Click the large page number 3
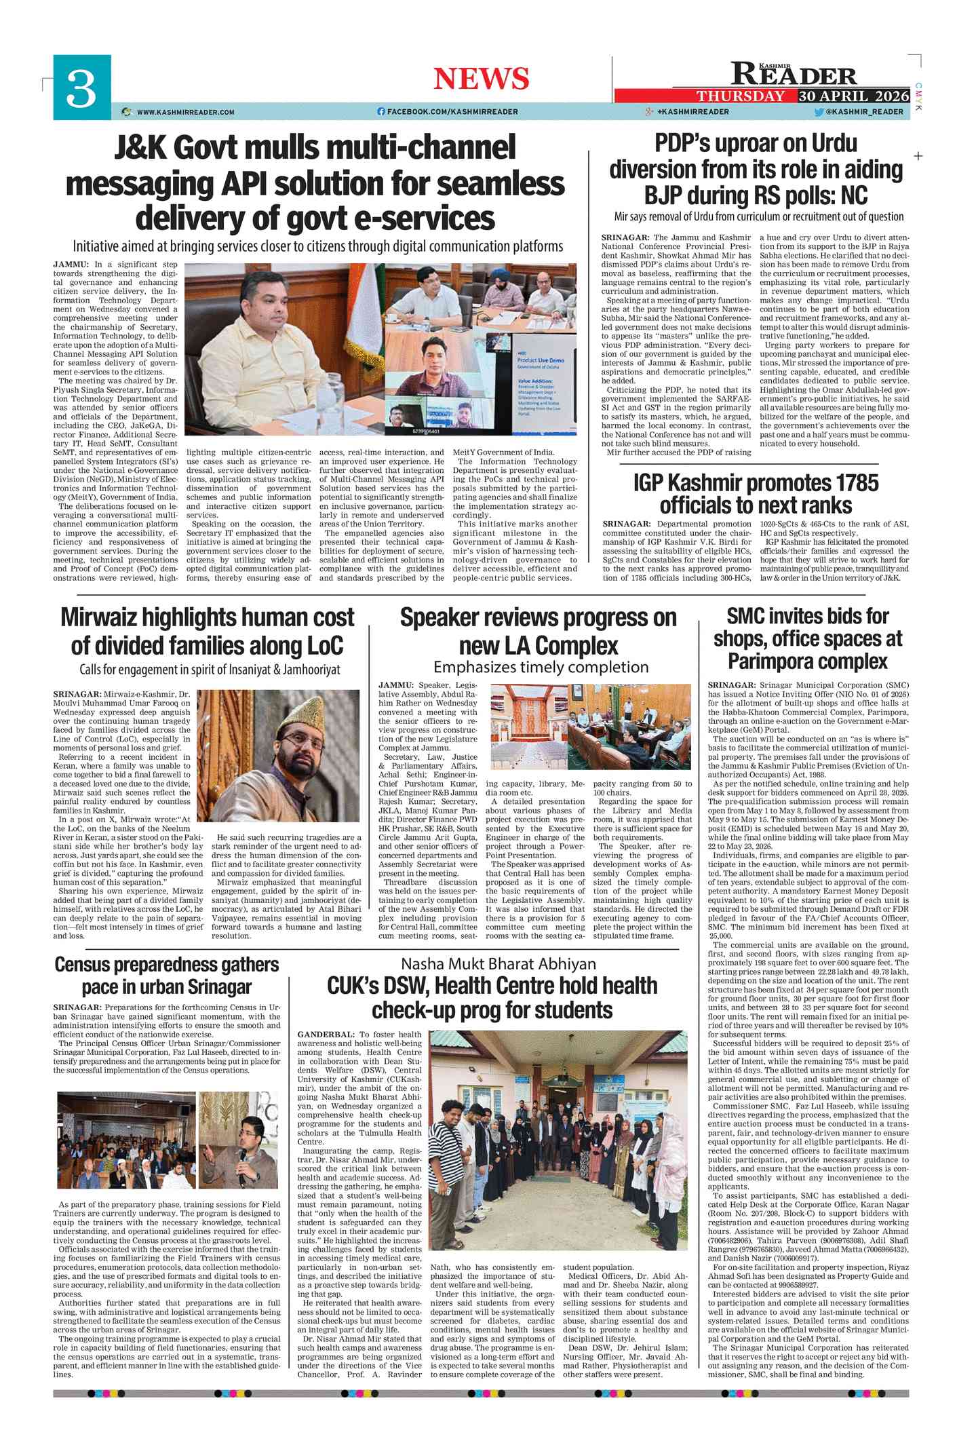tap(81, 89)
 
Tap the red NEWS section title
tap(481, 79)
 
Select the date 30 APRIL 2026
tap(853, 96)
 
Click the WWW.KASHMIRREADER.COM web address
tap(185, 112)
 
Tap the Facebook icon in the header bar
tap(381, 111)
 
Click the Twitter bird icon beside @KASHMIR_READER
tap(819, 112)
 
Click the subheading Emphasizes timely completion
tap(541, 667)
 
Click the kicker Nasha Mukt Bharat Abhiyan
tap(498, 964)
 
